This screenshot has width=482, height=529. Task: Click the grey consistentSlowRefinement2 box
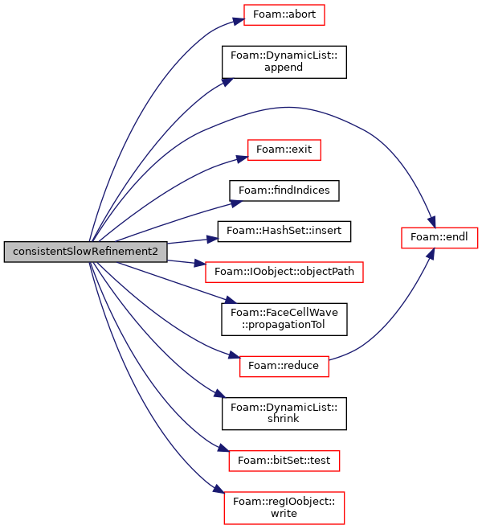point(86,252)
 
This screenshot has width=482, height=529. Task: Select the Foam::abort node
point(284,14)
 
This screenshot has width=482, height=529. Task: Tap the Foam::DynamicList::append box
point(284,62)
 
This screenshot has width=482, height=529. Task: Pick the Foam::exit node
point(284,150)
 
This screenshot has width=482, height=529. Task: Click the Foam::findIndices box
point(284,191)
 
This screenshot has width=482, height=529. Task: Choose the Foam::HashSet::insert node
point(284,232)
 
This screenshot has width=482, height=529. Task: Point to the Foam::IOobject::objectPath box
point(284,272)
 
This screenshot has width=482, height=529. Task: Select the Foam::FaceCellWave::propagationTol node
point(284,319)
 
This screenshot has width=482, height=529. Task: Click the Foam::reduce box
point(284,367)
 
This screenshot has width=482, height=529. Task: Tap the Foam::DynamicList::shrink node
point(284,413)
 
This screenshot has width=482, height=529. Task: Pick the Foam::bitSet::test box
point(284,461)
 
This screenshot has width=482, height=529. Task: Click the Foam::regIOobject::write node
point(284,508)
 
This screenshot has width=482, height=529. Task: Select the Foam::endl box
point(439,238)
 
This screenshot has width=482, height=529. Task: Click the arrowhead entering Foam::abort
point(239,21)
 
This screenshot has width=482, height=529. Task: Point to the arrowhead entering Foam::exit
point(243,158)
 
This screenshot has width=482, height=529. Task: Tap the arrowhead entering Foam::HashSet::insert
point(212,240)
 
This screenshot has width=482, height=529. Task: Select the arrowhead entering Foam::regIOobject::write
point(219,489)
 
